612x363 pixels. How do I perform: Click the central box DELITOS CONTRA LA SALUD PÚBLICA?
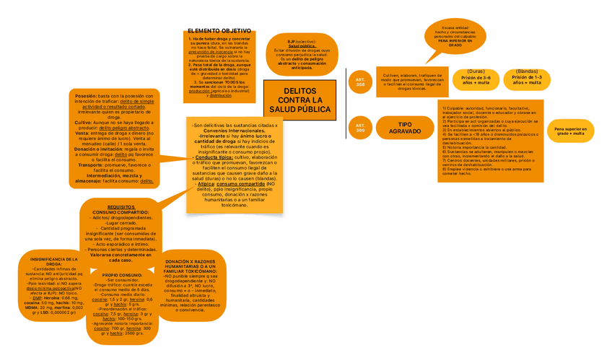click(x=300, y=100)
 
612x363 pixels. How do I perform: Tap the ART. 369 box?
click(x=360, y=128)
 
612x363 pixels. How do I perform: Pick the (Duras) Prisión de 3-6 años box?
click(x=476, y=78)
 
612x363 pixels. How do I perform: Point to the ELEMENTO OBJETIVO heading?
click(x=219, y=30)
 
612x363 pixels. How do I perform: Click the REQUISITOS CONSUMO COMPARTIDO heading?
click(x=121, y=209)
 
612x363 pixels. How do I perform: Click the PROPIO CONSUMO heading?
click(x=122, y=275)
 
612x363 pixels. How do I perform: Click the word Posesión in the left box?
click(x=86, y=95)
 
